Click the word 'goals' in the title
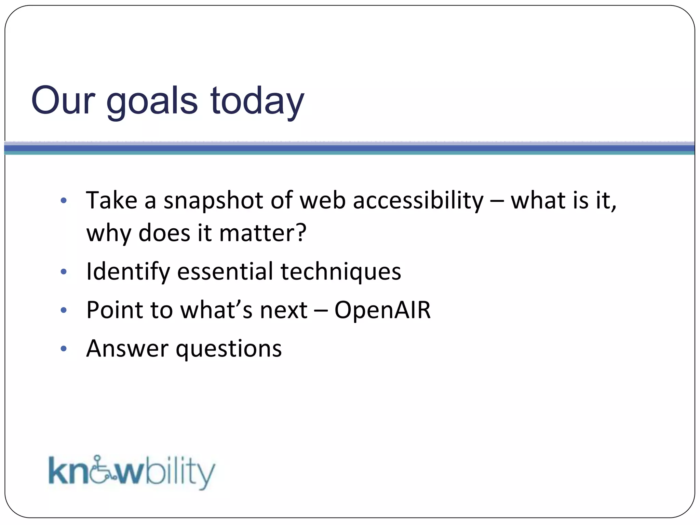click(x=152, y=101)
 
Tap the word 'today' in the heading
click(x=257, y=101)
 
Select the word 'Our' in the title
click(x=63, y=101)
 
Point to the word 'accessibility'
click(x=418, y=200)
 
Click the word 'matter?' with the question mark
click(x=262, y=233)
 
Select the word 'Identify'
click(x=128, y=272)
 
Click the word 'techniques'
click(x=341, y=272)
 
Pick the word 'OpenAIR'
click(x=382, y=310)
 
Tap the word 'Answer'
click(x=127, y=349)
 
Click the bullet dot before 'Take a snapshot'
click(x=64, y=201)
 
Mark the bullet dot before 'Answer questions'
click(x=64, y=349)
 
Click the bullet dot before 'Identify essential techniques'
click(x=64, y=272)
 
